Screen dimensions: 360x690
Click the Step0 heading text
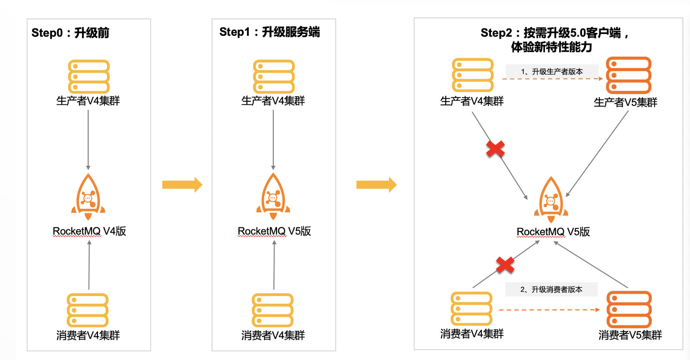point(70,33)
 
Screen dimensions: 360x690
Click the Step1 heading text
point(269,32)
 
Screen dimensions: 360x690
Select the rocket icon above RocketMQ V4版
point(88,196)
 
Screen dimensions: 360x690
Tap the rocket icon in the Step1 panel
point(273,196)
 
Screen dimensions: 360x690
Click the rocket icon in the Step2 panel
point(551,199)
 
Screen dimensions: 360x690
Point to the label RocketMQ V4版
point(89,231)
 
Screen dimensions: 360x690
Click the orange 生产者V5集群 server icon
point(628,76)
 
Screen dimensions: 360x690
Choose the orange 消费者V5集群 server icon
point(629,309)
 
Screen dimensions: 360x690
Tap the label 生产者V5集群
point(625,102)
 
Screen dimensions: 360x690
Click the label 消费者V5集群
point(630,335)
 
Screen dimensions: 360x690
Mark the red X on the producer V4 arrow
point(495,149)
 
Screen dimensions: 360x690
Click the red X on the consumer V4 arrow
point(505,265)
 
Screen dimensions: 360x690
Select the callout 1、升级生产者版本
point(552,72)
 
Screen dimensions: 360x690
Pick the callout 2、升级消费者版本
point(551,289)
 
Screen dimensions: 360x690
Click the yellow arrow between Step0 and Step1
point(182,185)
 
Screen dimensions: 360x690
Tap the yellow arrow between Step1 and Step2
point(376,185)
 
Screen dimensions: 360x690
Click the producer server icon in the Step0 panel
point(89,76)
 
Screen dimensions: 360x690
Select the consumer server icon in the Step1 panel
point(272,310)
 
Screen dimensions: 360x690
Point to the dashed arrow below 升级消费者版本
point(549,309)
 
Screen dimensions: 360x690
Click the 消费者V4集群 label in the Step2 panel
point(472,334)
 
